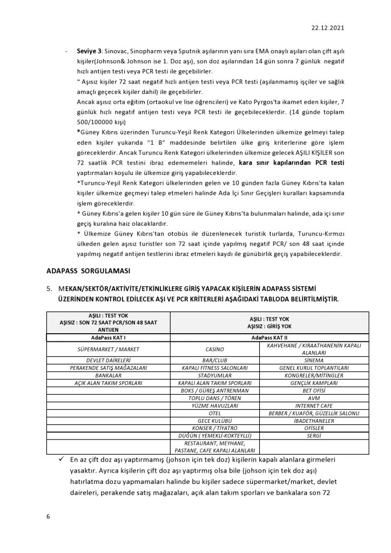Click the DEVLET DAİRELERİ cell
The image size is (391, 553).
109,359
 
